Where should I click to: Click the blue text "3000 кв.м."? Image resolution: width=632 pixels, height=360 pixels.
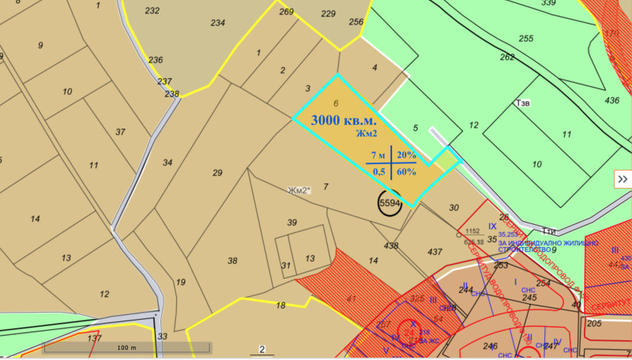344,121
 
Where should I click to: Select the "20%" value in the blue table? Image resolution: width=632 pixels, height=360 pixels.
406,155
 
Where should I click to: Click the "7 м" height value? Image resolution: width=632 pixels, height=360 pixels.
378,155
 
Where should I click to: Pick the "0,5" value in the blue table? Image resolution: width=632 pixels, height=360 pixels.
378,171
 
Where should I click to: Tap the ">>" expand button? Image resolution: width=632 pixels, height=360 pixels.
623,179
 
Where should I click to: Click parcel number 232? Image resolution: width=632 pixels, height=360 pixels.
152,10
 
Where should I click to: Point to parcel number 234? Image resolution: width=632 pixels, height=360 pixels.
217,23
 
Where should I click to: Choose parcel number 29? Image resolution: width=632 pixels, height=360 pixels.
218,172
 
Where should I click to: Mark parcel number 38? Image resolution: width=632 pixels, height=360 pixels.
232,261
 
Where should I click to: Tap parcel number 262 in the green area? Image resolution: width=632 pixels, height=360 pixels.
507,57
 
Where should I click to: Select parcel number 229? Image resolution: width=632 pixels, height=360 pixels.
329,13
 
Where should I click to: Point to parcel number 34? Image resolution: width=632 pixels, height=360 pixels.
167,163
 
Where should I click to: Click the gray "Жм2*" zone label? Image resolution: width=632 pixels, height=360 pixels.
299,190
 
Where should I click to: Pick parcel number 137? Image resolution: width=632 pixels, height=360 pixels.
95,338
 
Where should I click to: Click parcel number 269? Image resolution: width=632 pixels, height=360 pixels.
286,11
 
